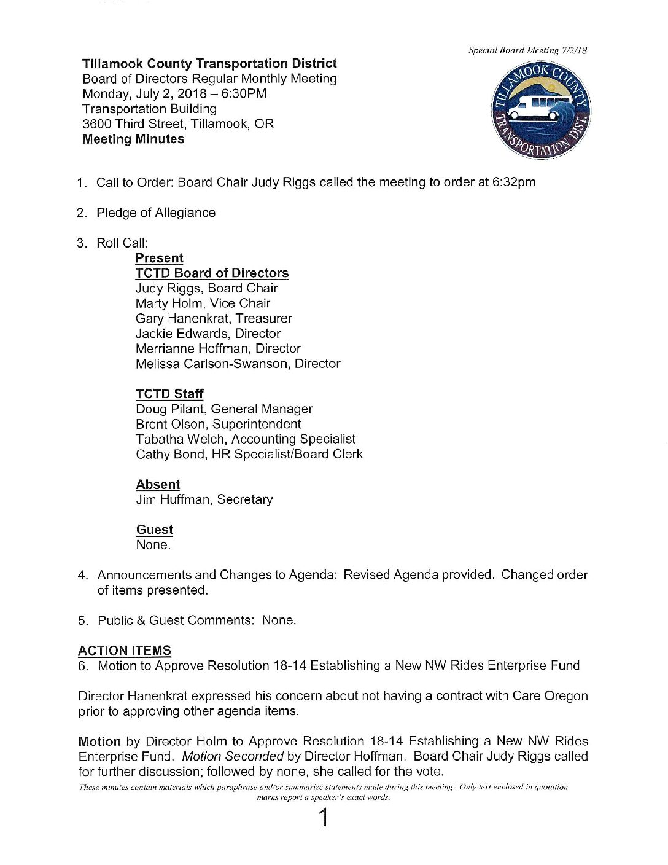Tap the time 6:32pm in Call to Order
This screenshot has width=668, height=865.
[x=514, y=182]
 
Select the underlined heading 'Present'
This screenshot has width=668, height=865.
[x=159, y=258]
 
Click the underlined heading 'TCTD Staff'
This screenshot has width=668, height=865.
[x=169, y=394]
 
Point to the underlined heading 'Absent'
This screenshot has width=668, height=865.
[x=158, y=485]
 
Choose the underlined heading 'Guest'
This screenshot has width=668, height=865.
[x=155, y=530]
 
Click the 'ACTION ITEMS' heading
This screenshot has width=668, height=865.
[x=125, y=651]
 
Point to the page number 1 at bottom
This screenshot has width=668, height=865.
[x=323, y=818]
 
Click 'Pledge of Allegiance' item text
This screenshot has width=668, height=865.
[x=156, y=213]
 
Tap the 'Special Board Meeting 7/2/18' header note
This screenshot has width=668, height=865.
[x=527, y=50]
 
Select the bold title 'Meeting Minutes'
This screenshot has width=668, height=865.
[x=133, y=139]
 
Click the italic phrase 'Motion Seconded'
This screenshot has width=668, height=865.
[x=233, y=756]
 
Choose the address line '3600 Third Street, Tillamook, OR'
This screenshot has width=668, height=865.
[x=178, y=123]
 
